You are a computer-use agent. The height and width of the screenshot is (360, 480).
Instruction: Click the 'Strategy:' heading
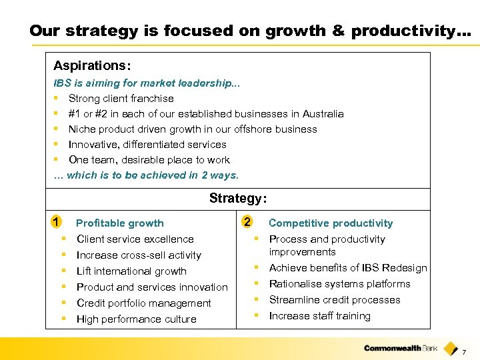[238, 198]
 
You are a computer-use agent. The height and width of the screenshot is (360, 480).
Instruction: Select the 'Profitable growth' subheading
[119, 223]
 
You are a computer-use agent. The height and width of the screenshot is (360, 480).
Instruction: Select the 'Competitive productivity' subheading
[331, 223]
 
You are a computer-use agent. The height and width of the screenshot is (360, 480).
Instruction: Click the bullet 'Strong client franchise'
[121, 99]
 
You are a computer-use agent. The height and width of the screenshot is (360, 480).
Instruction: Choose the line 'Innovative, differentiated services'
[147, 145]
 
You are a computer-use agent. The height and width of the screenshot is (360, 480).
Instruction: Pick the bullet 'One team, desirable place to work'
[149, 160]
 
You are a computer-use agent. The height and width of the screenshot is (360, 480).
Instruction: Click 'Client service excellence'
[135, 239]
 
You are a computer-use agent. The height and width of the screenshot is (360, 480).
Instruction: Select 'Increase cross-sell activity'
[139, 255]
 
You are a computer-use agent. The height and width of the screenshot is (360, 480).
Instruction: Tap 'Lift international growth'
[131, 271]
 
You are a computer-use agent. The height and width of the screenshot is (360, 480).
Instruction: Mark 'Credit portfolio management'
[143, 303]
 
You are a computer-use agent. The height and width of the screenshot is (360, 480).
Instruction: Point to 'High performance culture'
[136, 319]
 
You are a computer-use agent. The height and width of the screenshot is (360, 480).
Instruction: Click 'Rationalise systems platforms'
[339, 284]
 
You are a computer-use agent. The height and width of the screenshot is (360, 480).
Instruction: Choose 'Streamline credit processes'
[335, 300]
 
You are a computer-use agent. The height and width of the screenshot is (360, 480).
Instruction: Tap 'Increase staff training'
[319, 316]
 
